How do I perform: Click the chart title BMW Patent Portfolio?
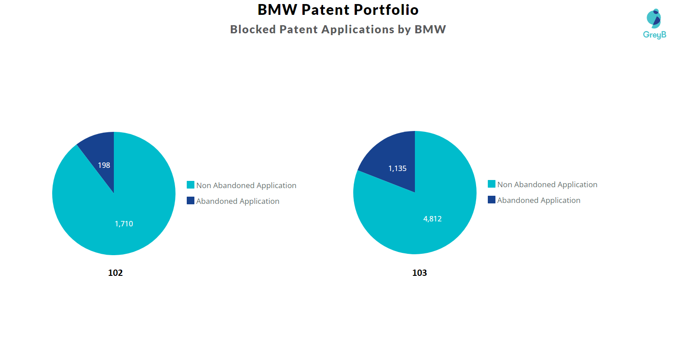click(x=338, y=9)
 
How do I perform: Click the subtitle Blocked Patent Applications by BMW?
click(x=338, y=29)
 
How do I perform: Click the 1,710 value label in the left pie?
click(x=124, y=224)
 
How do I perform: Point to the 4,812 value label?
click(x=432, y=219)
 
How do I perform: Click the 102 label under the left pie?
click(x=115, y=273)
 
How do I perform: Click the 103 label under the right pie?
click(x=419, y=273)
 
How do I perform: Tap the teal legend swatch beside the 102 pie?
click(x=190, y=185)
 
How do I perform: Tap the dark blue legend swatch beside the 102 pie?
click(x=190, y=201)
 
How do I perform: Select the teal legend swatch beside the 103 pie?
click(x=491, y=184)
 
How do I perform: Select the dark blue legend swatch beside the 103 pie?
click(x=491, y=200)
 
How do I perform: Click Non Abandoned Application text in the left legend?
click(x=246, y=185)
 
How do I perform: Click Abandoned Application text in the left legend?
click(x=238, y=201)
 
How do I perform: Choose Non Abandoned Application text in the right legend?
click(x=547, y=184)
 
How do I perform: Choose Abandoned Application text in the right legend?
click(x=539, y=200)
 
